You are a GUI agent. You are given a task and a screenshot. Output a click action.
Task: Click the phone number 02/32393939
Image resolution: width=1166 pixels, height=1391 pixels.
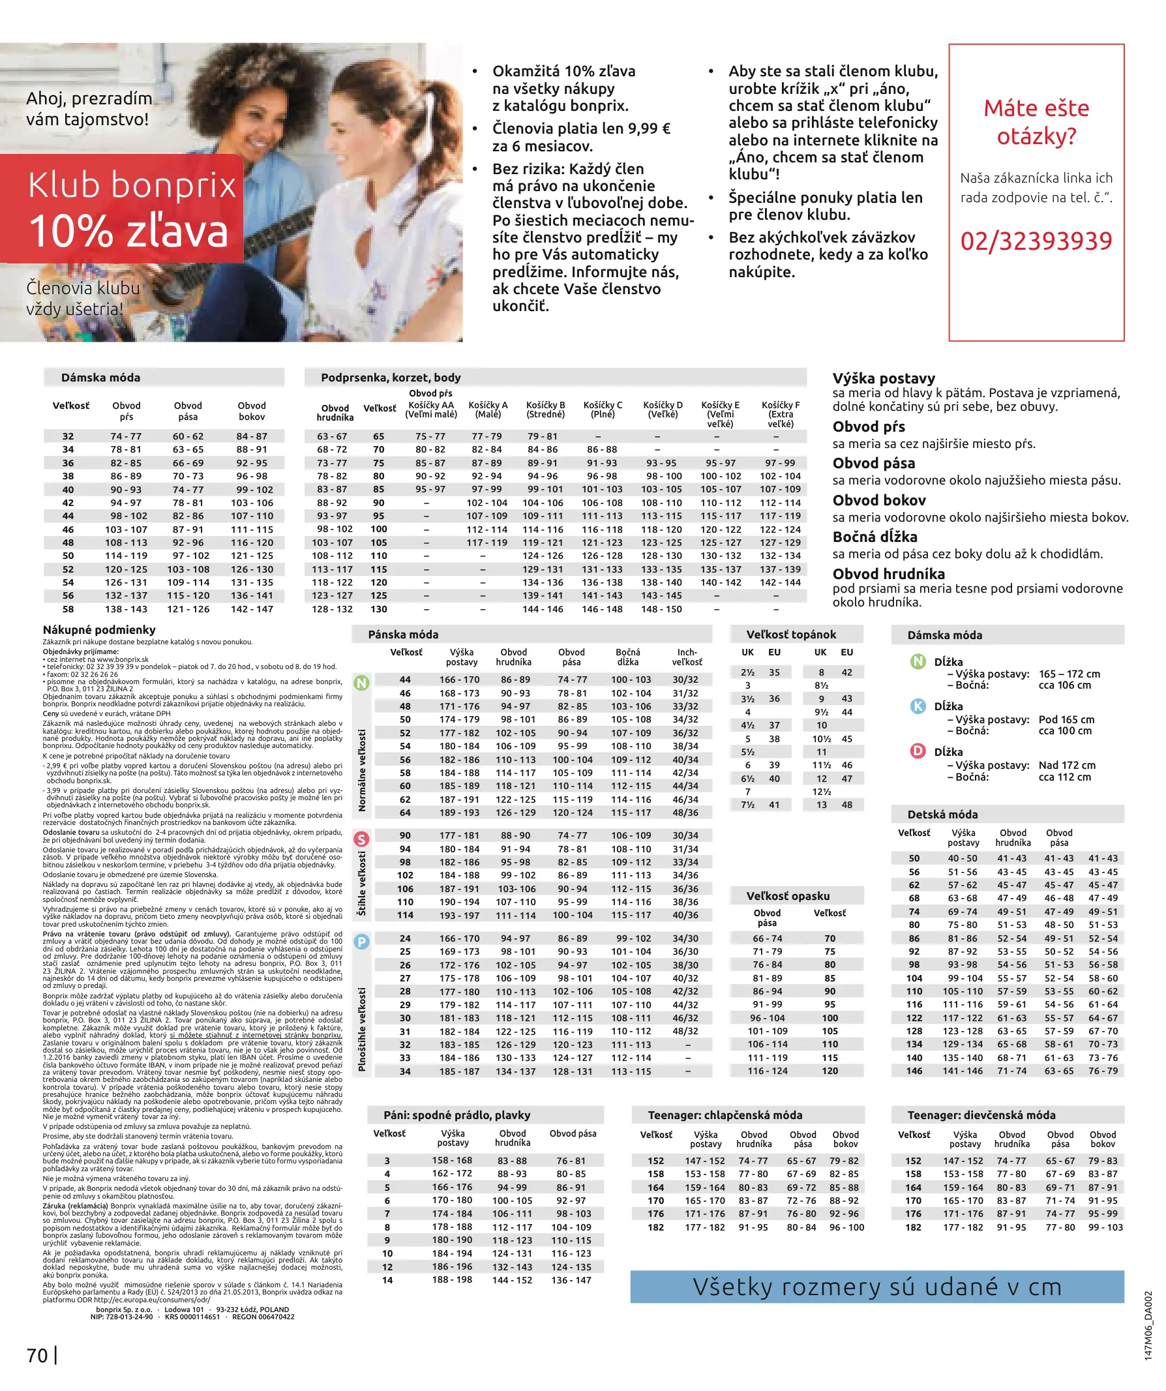point(1036,241)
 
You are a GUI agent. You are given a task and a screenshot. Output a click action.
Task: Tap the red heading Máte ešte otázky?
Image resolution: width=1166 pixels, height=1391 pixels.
point(1036,122)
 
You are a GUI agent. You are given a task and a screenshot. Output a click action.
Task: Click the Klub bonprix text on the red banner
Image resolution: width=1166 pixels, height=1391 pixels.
point(132,185)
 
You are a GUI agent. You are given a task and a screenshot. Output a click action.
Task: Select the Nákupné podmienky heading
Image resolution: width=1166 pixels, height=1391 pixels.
point(99,630)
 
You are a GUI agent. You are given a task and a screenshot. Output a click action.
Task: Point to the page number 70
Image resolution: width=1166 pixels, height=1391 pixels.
point(37,1356)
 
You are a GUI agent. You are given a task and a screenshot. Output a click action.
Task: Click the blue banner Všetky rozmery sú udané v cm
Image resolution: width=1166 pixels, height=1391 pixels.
point(876,1287)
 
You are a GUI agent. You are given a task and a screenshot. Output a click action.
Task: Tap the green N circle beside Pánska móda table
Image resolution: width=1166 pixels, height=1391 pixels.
point(361,682)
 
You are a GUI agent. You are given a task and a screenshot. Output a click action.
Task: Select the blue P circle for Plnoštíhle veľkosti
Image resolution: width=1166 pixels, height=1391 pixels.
point(361,941)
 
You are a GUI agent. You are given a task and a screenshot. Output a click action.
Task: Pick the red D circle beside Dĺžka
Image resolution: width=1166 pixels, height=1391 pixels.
point(918,751)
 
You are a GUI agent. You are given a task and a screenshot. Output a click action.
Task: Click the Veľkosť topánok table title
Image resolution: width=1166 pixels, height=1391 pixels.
point(791,635)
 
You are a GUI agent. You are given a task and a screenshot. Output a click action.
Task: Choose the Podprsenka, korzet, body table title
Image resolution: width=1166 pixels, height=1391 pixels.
point(390,378)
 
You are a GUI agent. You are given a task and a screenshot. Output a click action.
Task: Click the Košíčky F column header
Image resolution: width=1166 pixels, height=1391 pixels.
point(781,414)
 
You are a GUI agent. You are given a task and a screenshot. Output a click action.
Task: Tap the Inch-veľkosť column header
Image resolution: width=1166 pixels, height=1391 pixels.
point(687,657)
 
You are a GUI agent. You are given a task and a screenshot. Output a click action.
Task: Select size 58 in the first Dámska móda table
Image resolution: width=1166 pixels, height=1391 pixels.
point(68,609)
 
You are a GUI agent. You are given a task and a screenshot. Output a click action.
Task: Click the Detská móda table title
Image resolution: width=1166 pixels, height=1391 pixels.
point(942,815)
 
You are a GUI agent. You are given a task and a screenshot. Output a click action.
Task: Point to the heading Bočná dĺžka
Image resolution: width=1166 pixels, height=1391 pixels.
point(874,537)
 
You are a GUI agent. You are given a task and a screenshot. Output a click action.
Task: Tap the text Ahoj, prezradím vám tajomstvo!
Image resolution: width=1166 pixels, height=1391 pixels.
point(89,109)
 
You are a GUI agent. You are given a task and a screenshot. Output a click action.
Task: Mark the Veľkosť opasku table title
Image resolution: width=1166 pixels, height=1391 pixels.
point(788,896)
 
